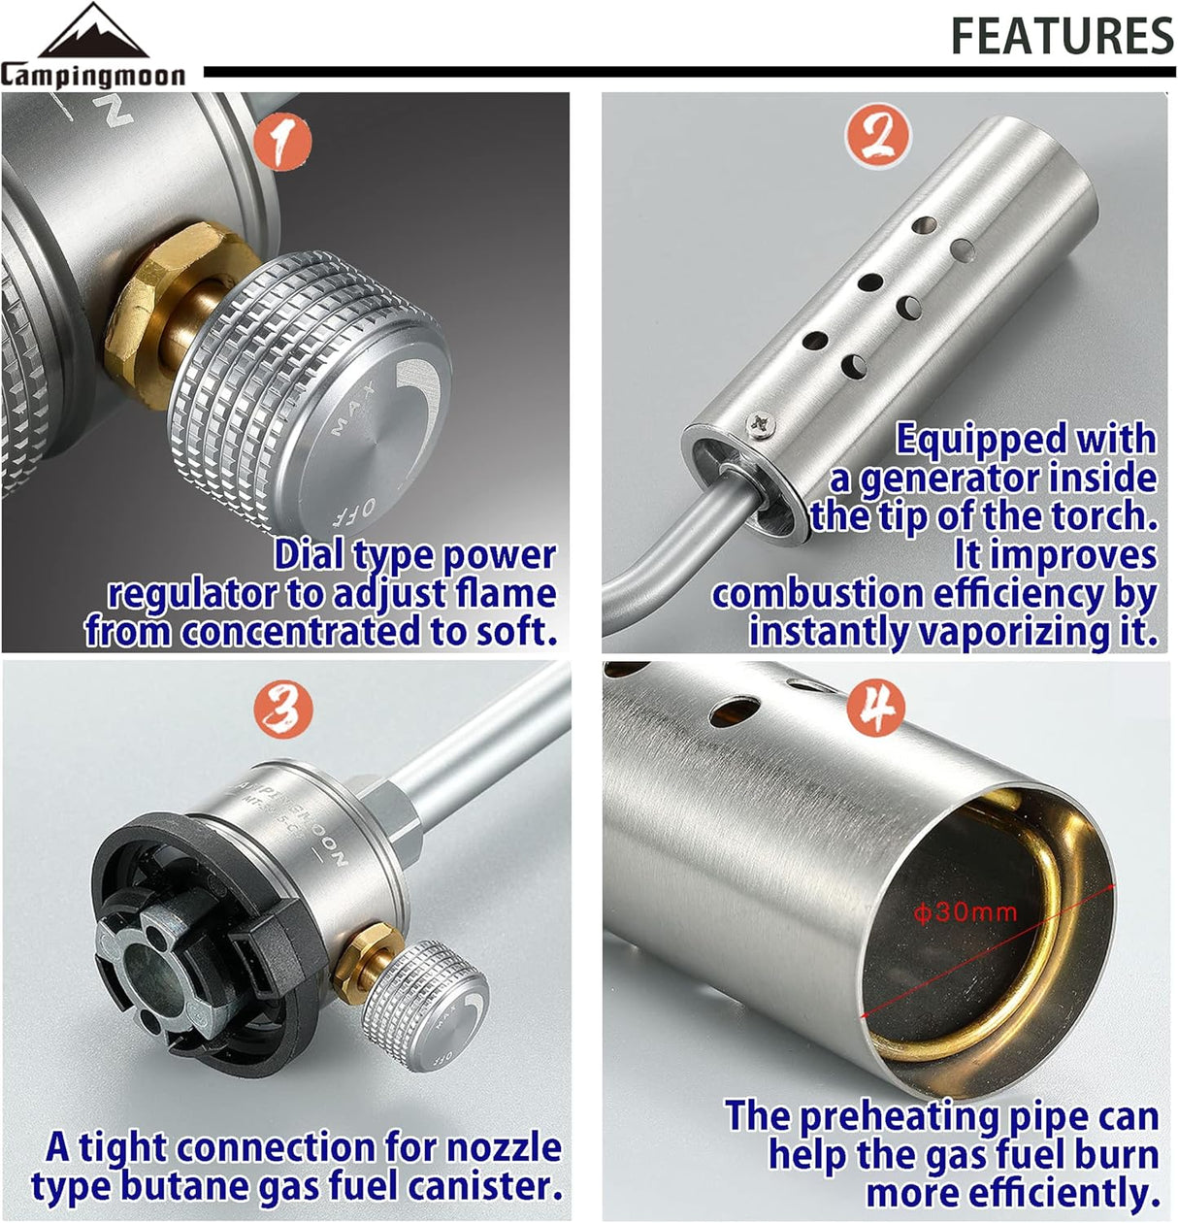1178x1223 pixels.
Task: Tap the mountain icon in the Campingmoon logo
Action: pos(93,30)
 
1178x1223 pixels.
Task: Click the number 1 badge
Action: pos(282,142)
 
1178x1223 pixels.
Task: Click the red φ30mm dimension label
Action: pos(965,911)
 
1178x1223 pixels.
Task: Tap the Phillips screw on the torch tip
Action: pos(762,425)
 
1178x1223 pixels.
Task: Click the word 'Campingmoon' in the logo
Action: pos(93,75)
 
